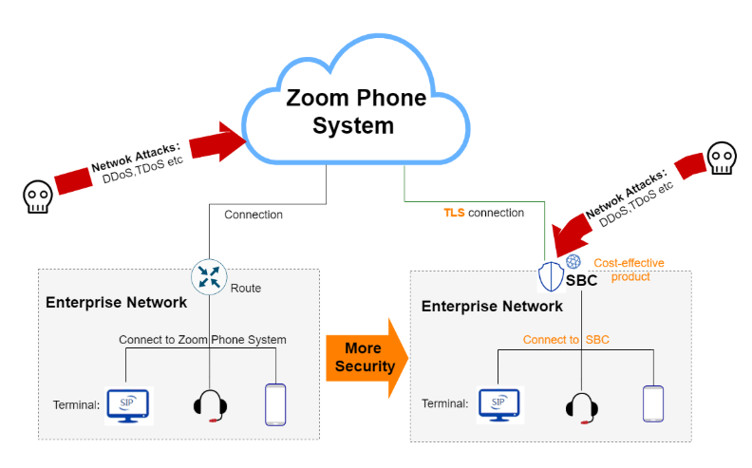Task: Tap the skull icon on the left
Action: (x=37, y=196)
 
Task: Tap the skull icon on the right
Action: (x=722, y=159)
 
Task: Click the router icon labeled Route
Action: (x=209, y=276)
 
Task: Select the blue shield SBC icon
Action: (x=552, y=277)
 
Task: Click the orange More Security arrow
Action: (x=366, y=359)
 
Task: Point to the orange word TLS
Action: (x=454, y=213)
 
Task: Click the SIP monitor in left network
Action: (x=128, y=404)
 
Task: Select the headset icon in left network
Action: (x=211, y=404)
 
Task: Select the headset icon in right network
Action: (x=581, y=405)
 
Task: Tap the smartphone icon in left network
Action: (x=274, y=403)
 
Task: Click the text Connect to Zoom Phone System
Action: (x=202, y=339)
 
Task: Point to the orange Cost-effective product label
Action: (x=629, y=270)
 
